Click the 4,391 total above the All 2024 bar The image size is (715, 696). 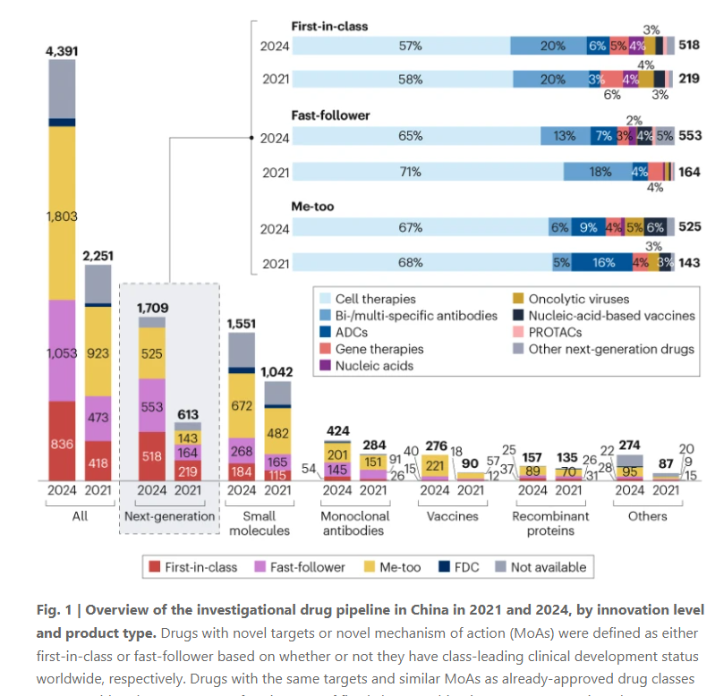point(62,52)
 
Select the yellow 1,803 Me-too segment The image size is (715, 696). point(62,216)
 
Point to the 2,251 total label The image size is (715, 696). point(99,255)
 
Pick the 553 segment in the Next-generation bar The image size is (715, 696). point(152,405)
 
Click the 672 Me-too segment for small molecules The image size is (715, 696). point(242,405)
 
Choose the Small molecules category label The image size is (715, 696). point(260,523)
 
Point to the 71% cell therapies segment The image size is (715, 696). point(410,172)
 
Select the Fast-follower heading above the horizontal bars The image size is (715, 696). point(330,115)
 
